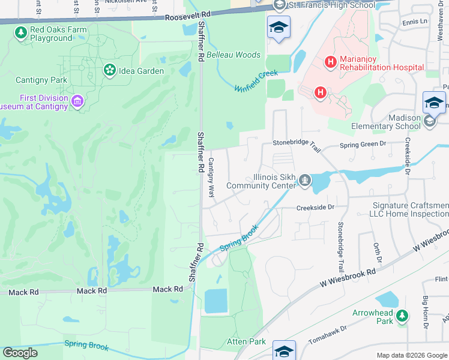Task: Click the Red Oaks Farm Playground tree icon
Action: (21, 34)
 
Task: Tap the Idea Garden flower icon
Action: (109, 71)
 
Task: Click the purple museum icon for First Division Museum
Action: (77, 101)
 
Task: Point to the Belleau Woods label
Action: (234, 55)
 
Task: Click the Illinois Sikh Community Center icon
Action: (306, 179)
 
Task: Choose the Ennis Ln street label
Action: (415, 22)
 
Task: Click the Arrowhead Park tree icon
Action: (402, 315)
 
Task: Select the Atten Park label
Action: (246, 341)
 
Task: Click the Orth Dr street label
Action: (378, 253)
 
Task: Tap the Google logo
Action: (20, 353)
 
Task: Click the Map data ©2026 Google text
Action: (411, 355)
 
